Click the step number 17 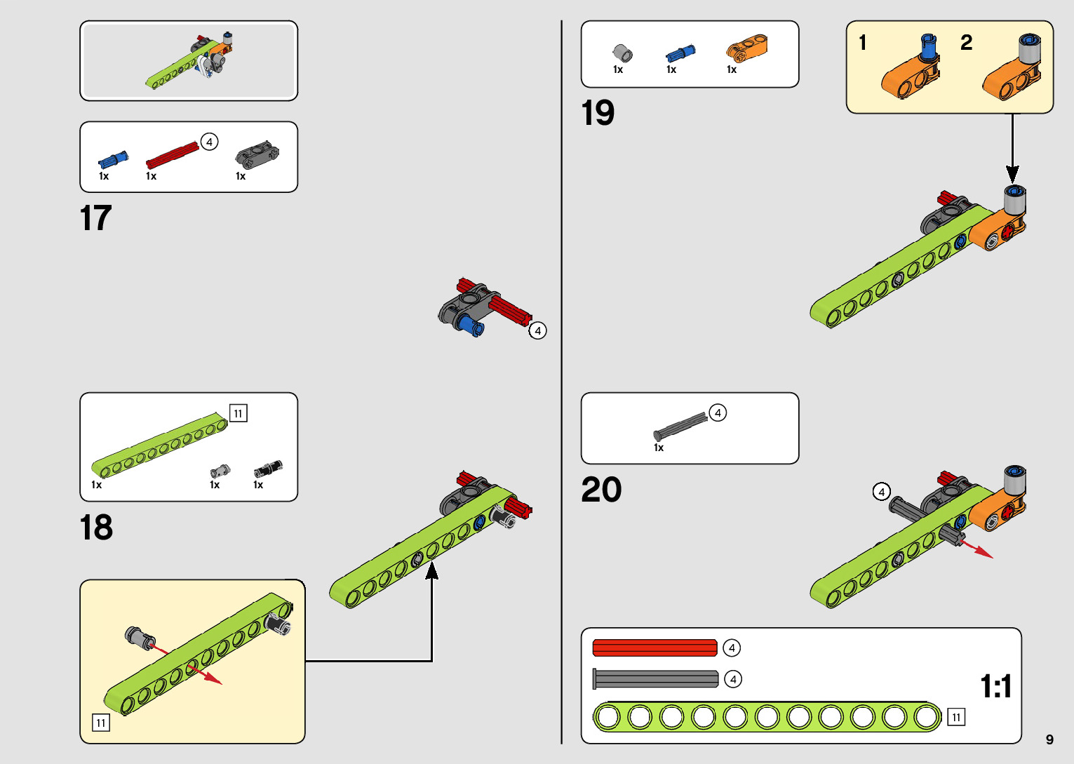point(96,218)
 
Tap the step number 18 point(96,528)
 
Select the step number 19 point(598,113)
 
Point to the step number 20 point(601,490)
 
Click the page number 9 point(1049,739)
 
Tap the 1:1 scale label point(995,686)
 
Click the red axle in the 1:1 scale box point(655,648)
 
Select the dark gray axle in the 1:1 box point(656,678)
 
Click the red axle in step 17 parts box point(173,155)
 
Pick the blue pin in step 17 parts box point(113,158)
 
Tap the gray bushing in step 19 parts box point(622,53)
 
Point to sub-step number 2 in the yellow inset point(966,43)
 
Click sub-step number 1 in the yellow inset point(863,43)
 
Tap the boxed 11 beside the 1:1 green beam point(956,717)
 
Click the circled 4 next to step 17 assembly point(538,330)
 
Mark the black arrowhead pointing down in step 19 point(1012,174)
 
